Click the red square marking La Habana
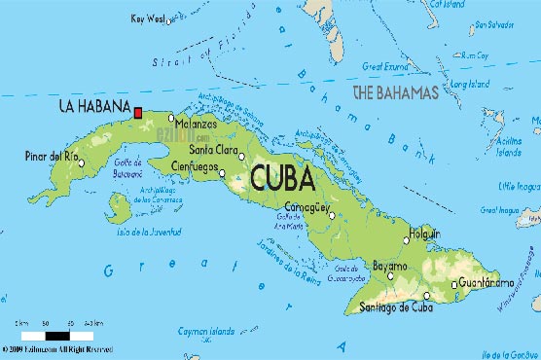(x=139, y=113)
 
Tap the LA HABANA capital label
(x=93, y=105)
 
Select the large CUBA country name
(x=281, y=179)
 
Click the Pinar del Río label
(x=51, y=156)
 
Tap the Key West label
(x=147, y=18)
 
